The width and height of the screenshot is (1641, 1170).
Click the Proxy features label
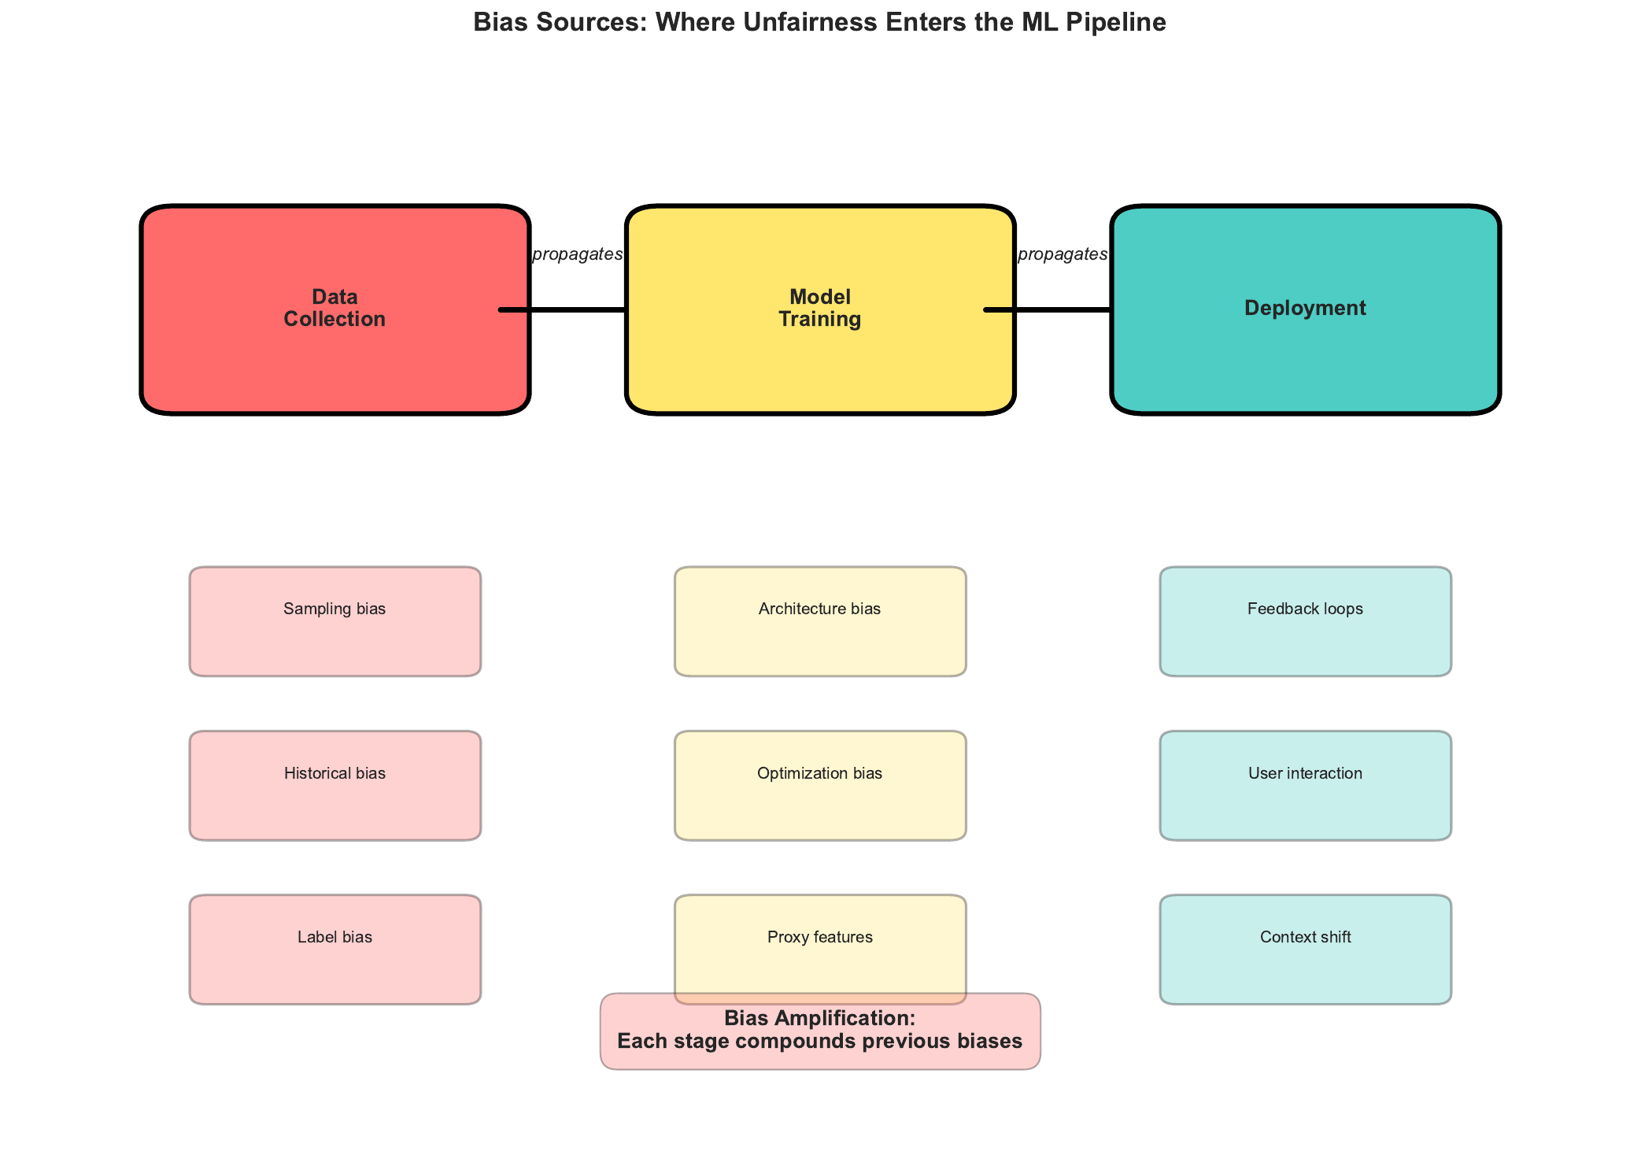point(819,937)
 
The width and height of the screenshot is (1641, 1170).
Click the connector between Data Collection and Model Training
point(577,309)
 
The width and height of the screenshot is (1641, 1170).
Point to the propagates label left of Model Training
point(577,254)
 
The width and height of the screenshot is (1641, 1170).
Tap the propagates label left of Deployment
point(1063,254)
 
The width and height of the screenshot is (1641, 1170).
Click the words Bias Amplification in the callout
point(819,1018)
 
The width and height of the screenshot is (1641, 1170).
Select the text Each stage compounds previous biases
point(819,1042)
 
